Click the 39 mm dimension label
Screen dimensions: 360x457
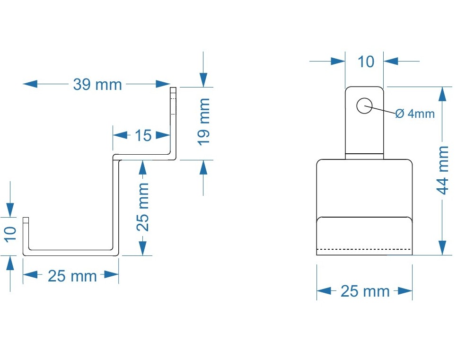97,85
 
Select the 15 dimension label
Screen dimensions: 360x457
143,136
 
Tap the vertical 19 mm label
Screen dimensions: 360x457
203,122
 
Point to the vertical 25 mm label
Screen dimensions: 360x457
143,207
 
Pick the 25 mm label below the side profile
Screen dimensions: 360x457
72,276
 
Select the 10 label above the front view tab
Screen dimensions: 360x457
366,61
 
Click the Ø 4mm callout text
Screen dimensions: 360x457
414,114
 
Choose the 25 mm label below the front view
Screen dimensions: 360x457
365,291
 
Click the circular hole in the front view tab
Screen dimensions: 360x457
364,106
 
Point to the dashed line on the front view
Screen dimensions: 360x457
364,248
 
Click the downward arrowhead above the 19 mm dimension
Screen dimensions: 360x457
203,79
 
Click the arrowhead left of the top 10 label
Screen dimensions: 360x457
338,61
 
